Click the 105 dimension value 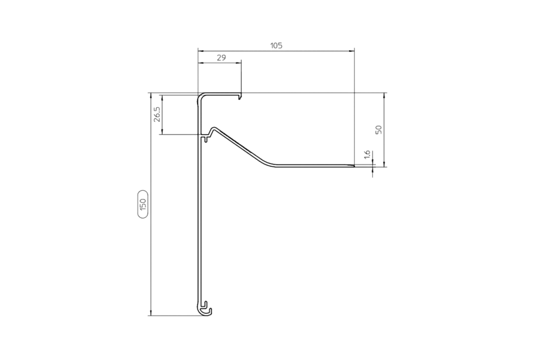(x=276, y=45)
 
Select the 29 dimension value (x=221, y=57)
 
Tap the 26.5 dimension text (x=157, y=115)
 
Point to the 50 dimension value (x=379, y=130)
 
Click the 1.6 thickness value (x=367, y=155)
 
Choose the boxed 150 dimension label (x=143, y=204)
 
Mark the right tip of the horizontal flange (x=354, y=166)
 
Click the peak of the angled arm (x=214, y=128)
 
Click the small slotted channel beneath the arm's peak (x=205, y=138)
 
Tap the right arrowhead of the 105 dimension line (x=352, y=51)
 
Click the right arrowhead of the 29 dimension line (x=238, y=63)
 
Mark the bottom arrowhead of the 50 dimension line (x=384, y=164)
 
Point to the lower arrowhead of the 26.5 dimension (x=162, y=131)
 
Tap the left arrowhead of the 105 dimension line (x=201, y=51)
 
